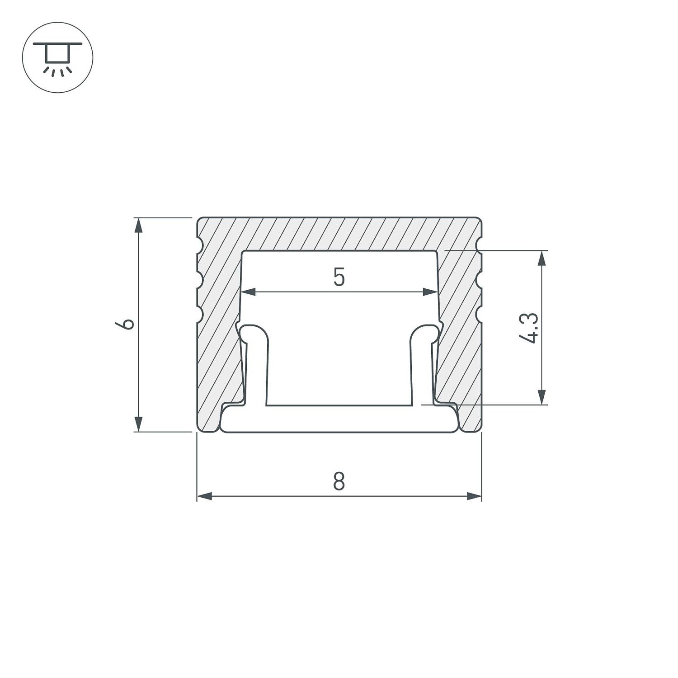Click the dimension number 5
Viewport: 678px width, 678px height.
[339, 277]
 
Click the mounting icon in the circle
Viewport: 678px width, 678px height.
[57, 57]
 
